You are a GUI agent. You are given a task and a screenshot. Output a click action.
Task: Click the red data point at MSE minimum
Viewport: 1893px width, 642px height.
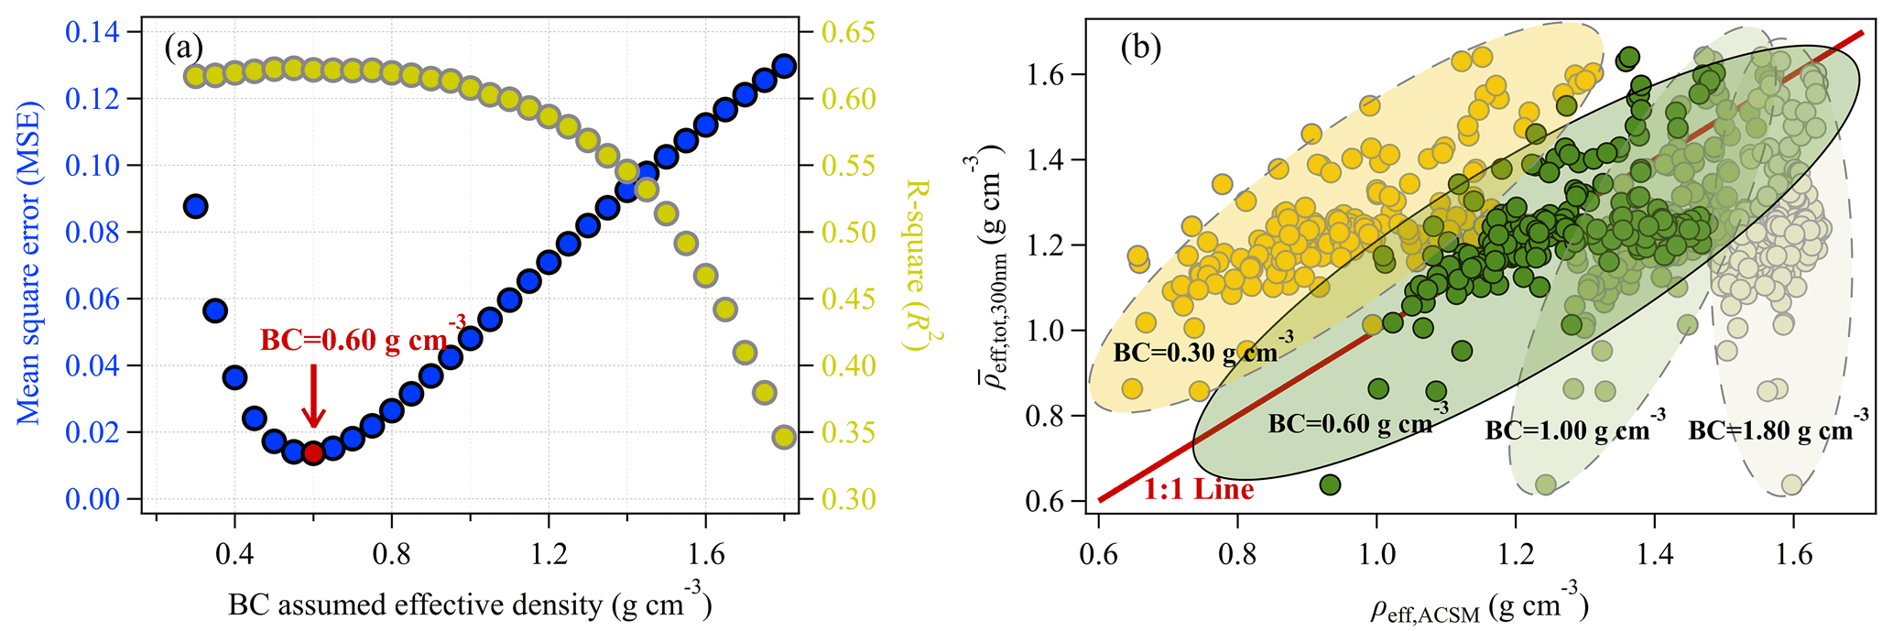(x=313, y=452)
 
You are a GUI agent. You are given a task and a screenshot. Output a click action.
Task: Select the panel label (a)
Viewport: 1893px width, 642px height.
(x=183, y=47)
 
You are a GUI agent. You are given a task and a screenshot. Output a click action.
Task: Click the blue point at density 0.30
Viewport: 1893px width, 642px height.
(x=195, y=206)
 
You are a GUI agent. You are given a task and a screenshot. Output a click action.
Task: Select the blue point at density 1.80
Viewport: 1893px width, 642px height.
(x=784, y=65)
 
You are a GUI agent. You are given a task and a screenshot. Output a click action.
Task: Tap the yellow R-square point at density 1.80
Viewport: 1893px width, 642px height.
(x=784, y=437)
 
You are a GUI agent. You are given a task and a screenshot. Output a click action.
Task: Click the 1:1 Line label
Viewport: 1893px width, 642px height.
(x=1198, y=490)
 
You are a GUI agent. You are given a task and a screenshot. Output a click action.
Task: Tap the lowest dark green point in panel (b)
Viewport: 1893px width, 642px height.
(x=1330, y=484)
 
